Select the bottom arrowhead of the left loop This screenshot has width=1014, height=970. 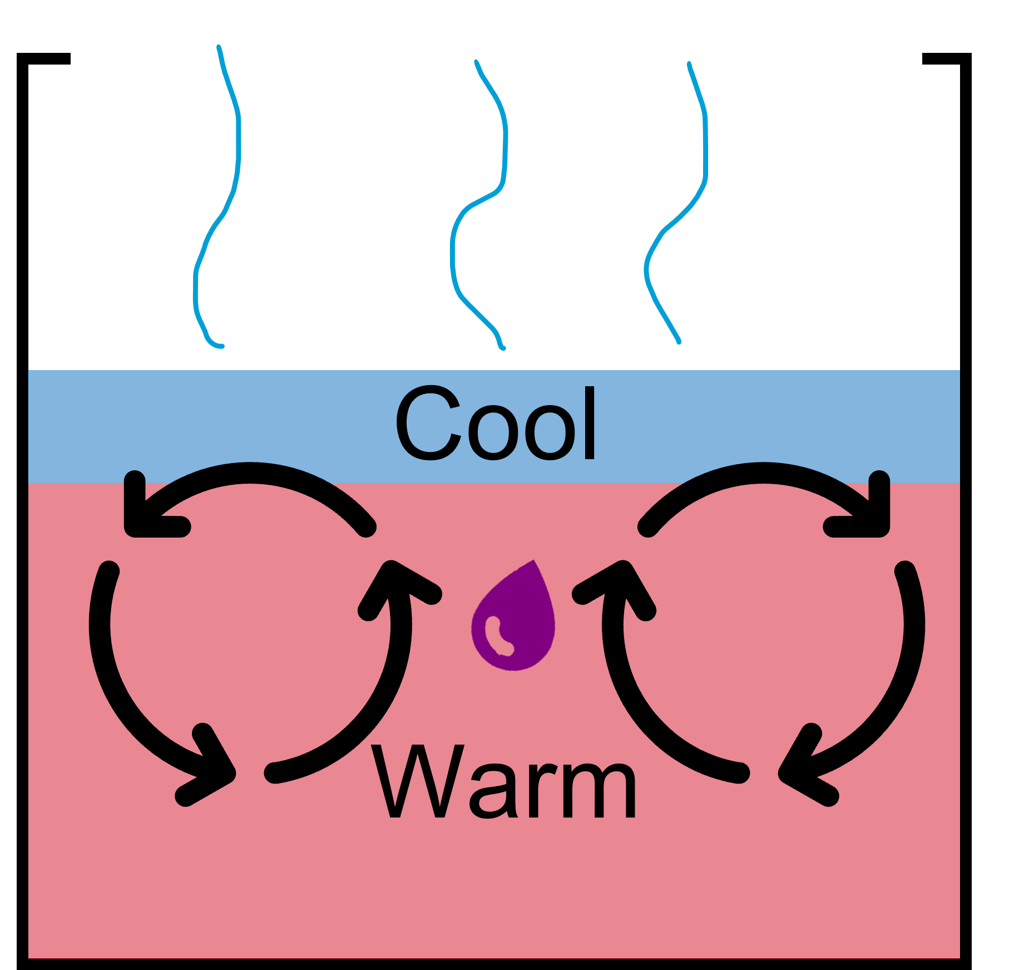click(211, 768)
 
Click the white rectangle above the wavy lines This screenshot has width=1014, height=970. click(495, 75)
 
